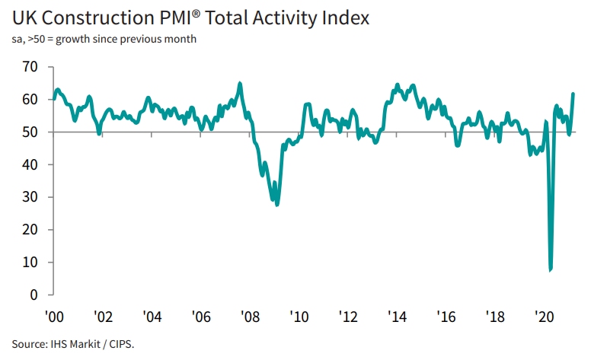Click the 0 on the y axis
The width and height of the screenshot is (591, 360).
click(34, 295)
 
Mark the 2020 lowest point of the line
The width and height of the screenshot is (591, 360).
click(550, 269)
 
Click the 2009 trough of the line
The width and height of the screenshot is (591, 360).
click(277, 205)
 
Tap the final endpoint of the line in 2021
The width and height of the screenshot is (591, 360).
click(573, 94)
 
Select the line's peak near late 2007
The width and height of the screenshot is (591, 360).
click(240, 84)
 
